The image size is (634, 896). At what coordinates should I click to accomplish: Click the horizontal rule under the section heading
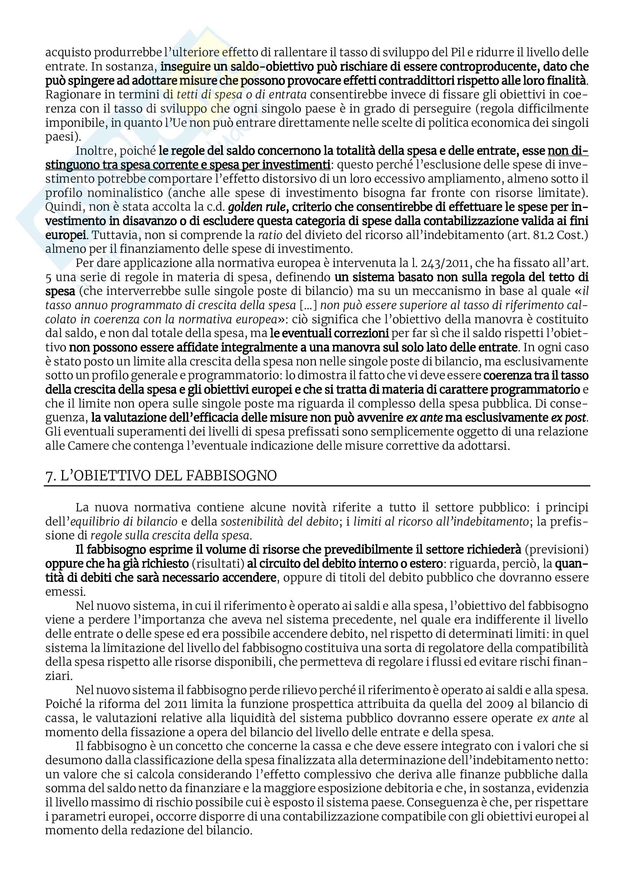coord(317,486)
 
